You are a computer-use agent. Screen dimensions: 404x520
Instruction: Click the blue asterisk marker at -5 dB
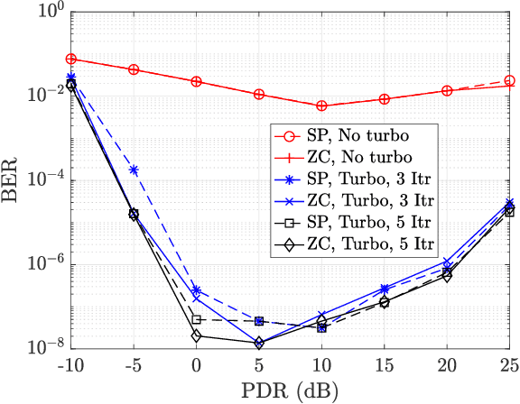tap(134, 170)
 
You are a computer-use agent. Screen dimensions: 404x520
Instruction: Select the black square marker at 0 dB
tap(197, 320)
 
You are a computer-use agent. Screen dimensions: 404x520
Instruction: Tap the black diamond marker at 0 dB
tap(197, 336)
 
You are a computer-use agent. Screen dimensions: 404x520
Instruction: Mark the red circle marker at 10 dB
tap(322, 106)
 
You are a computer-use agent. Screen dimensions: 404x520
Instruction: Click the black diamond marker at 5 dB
tap(259, 344)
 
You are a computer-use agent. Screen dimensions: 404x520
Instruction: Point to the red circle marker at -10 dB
tap(71, 59)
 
